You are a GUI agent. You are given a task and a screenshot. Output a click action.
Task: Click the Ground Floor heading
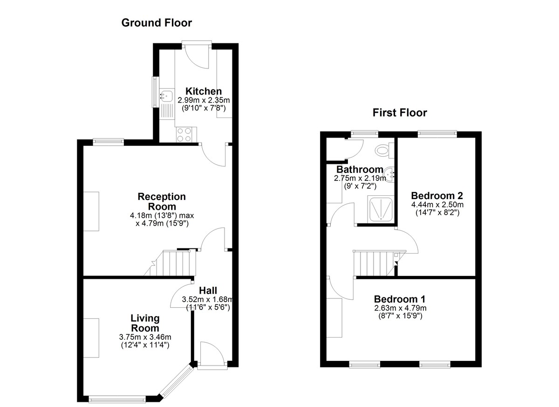[x=157, y=23]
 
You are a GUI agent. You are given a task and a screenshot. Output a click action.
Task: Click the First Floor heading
[x=400, y=113]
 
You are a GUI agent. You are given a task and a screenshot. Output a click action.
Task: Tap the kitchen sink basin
[x=167, y=96]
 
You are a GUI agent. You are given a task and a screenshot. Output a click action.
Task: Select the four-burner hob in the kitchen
[x=184, y=135]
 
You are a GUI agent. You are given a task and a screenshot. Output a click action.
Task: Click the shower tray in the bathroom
[x=381, y=209]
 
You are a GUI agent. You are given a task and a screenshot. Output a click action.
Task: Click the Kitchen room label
[x=204, y=91]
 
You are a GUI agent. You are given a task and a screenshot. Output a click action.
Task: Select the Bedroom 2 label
[x=437, y=195]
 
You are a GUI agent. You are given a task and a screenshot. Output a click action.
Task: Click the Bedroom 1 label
[x=400, y=299]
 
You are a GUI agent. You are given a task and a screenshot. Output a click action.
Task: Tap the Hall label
[x=208, y=290]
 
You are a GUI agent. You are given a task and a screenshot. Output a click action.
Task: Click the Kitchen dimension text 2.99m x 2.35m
[x=204, y=100]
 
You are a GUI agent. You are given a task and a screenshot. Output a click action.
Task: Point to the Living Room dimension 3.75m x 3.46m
[x=145, y=337]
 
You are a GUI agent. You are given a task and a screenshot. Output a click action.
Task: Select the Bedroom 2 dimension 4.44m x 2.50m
[x=437, y=205]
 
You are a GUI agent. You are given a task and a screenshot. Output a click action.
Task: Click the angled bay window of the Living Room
[x=177, y=382]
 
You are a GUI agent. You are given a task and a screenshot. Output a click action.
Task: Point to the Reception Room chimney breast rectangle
[x=91, y=211]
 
